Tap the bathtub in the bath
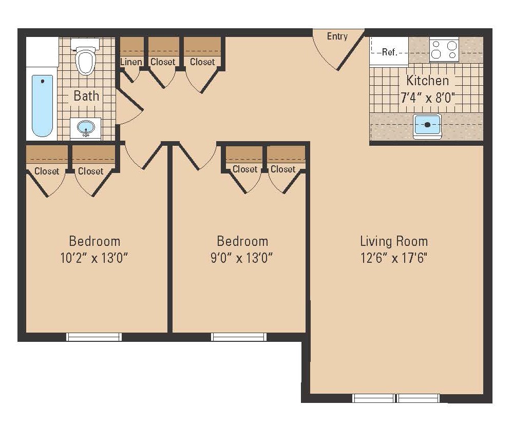pos(42,105)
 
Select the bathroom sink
pos(85,127)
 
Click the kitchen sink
pos(427,125)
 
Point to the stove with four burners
pos(444,50)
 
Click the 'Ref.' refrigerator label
pos(389,52)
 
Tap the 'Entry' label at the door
pos(337,36)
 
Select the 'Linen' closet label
pos(131,62)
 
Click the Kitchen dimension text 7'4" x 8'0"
pos(427,97)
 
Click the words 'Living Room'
pos(394,241)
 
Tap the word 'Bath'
pos(86,95)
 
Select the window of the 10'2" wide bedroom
pos(94,337)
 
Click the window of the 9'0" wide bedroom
pos(239,337)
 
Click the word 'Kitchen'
pos(427,81)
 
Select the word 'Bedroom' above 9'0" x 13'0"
pos(242,241)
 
